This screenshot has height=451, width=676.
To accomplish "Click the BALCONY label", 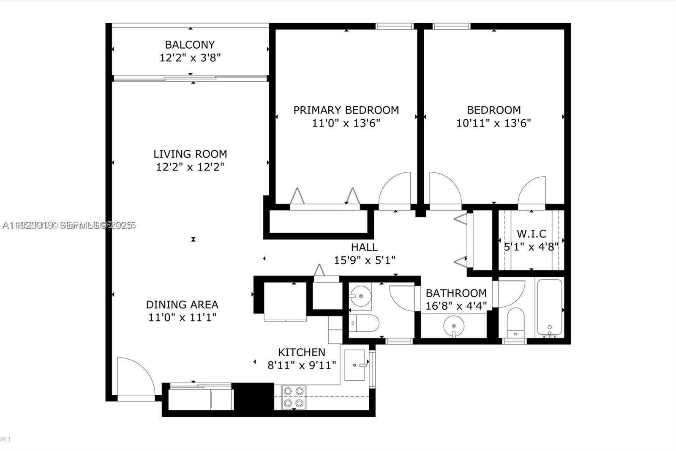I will [190, 44].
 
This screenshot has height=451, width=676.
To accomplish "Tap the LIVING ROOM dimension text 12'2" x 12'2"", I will [190, 167].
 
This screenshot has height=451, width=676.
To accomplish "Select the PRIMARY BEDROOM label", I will [346, 110].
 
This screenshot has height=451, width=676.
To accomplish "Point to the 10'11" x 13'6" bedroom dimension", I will [493, 123].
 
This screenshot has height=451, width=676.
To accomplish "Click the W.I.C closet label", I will [531, 234].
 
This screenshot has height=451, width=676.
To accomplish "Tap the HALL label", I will [364, 247].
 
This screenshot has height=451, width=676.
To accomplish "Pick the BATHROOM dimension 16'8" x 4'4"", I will [456, 305].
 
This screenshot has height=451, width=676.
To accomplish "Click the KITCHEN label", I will [301, 352].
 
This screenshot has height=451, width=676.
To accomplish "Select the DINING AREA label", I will [182, 305].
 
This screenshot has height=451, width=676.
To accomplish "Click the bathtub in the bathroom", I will [549, 308].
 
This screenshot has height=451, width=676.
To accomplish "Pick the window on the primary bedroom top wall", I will [394, 26].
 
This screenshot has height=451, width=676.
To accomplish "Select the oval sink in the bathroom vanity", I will [454, 326].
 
